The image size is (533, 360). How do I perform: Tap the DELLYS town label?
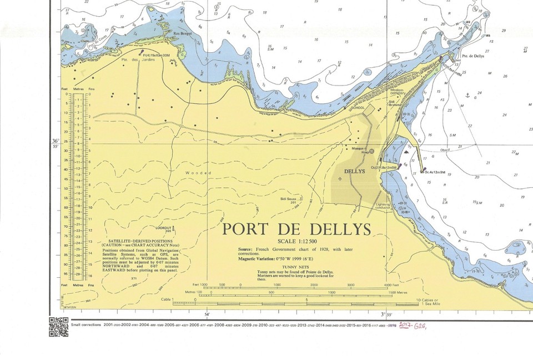pos(355,172)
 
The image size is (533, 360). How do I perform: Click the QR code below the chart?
pos(58,327)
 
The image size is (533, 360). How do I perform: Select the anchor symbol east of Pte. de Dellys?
pos(467,96)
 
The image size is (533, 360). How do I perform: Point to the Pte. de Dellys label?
pos(473,56)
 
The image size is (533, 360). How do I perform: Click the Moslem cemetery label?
pos(398,92)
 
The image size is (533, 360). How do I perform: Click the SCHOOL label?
pos(358,108)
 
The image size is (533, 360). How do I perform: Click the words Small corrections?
pos(87,324)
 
